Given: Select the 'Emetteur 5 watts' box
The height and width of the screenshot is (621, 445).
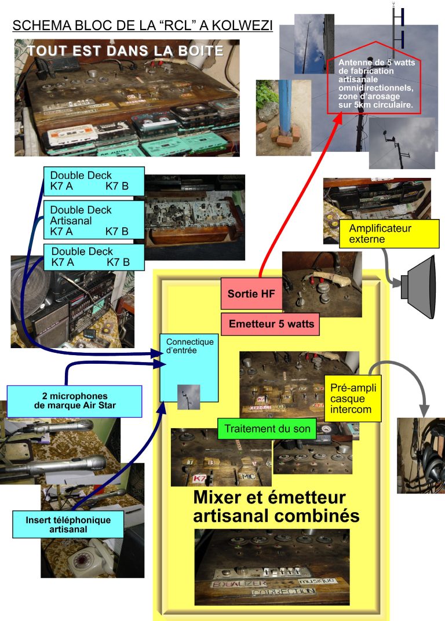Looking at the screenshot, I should [270, 324].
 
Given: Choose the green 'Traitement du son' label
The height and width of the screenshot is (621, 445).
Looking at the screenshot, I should [266, 430].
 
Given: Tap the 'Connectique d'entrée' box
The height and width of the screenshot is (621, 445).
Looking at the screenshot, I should [189, 367].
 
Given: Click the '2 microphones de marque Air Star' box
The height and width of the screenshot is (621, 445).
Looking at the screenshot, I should [75, 401].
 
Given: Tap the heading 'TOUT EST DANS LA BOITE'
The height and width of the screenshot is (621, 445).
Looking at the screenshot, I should [125, 51].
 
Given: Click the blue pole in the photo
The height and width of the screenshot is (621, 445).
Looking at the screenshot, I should [284, 107].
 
